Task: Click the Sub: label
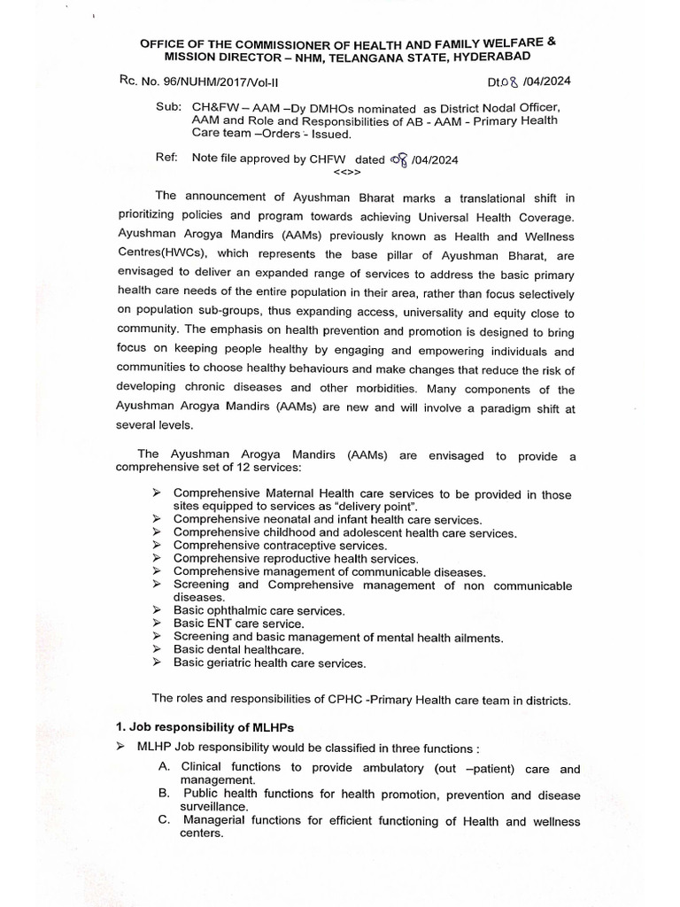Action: click(166, 106)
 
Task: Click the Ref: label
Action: click(166, 158)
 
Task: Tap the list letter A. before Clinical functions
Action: click(166, 768)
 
